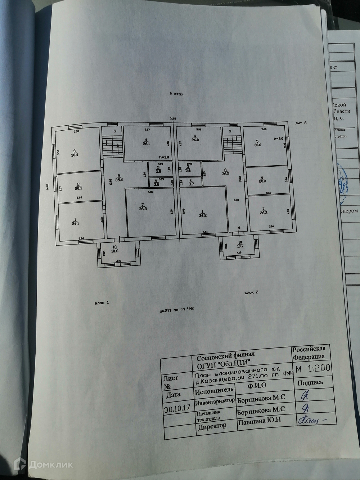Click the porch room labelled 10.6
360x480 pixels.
tap(115, 254)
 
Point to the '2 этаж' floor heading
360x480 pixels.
tap(176, 94)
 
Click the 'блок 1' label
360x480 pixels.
tap(100, 303)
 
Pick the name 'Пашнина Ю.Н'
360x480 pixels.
tap(259, 421)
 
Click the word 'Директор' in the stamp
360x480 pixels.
tap(212, 426)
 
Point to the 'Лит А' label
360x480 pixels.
tap(300, 123)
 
